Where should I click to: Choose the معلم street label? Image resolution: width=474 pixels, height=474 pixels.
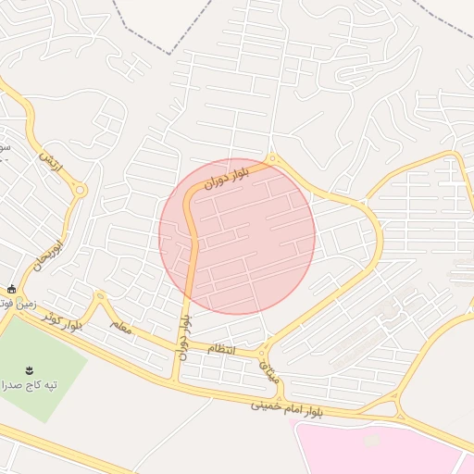pos(120,327)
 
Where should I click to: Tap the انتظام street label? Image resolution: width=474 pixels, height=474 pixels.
pos(222,348)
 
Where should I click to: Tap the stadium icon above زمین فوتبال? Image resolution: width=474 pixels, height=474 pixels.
pos(10,289)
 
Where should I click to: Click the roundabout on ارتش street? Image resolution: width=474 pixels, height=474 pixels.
pos(80,191)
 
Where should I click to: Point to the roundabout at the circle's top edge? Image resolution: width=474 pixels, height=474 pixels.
pos(271,159)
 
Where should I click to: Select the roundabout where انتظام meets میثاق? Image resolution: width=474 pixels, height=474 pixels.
pos(264,353)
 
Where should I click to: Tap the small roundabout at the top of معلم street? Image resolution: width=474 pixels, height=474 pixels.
pos(99,296)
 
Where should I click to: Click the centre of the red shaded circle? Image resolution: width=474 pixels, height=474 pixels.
pos(237,236)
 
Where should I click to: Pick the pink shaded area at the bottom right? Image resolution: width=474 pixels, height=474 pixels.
pos(380,449)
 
